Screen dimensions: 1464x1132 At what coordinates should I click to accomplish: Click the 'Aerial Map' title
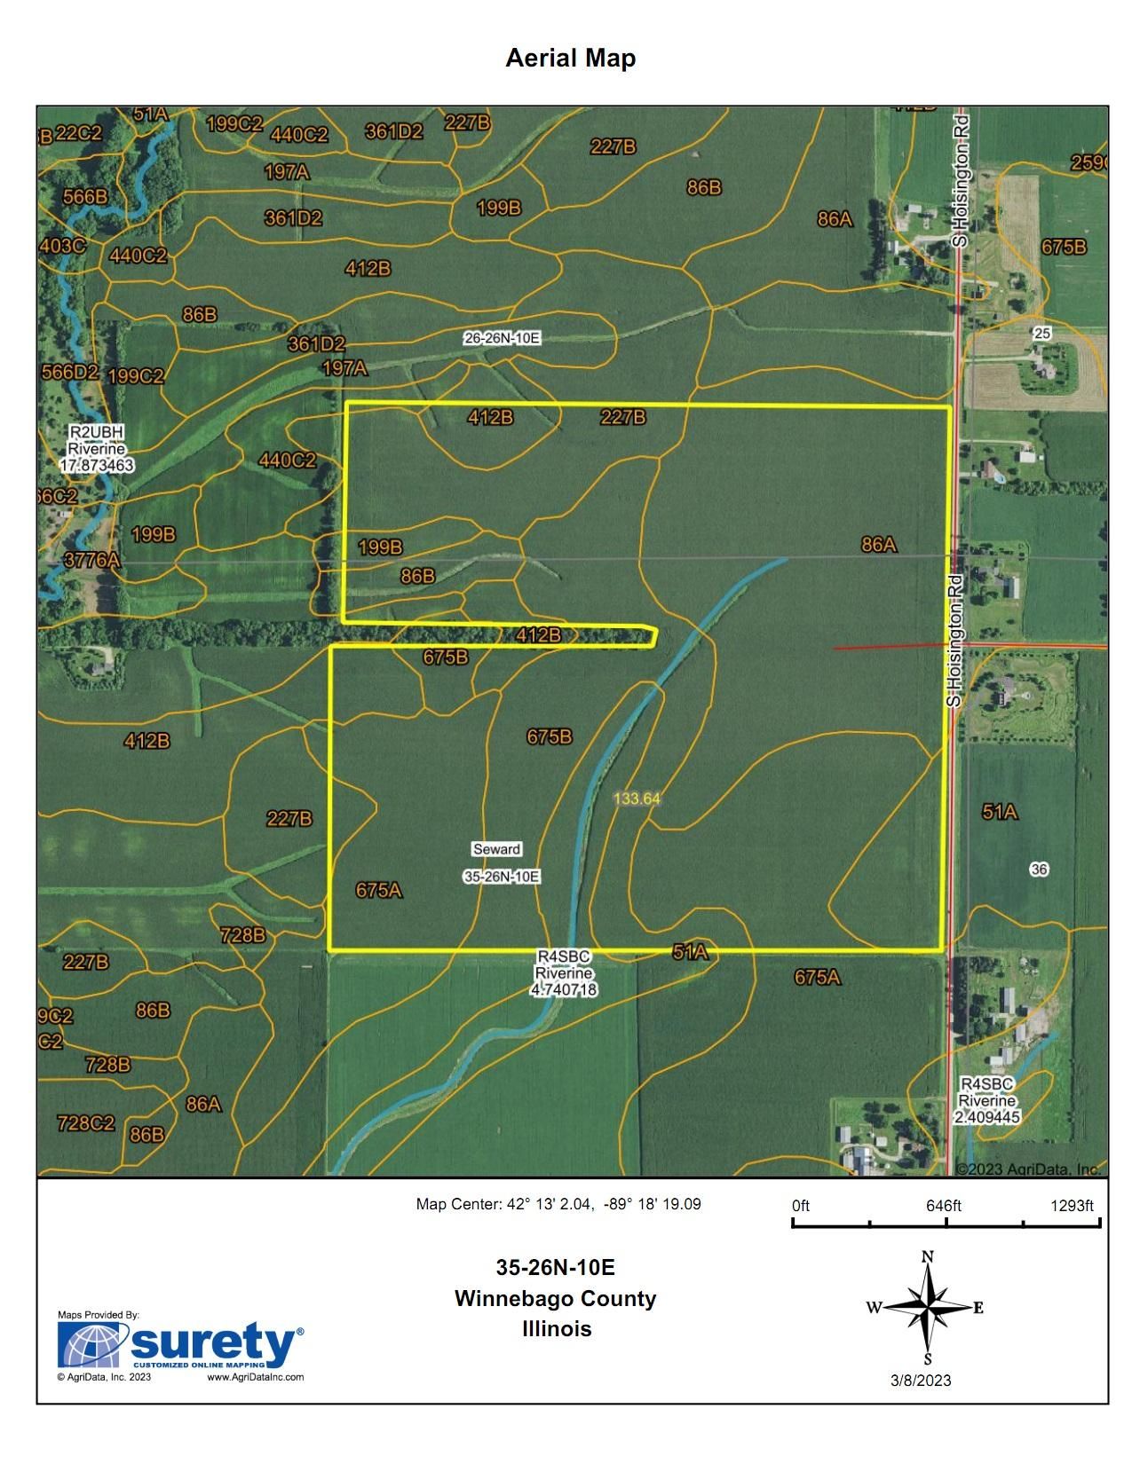570,59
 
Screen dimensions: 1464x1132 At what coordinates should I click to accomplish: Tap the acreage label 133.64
637,798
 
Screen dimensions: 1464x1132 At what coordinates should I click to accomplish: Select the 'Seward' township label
496,849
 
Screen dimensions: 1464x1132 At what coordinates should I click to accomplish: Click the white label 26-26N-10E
502,337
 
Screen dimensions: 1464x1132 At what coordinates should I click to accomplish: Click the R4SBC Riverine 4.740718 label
563,972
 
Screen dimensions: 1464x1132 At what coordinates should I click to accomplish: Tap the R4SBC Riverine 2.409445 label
987,1101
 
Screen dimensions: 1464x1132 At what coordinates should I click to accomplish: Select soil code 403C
63,246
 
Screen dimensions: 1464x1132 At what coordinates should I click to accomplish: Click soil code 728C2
85,1122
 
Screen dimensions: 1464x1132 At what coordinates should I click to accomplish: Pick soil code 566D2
70,373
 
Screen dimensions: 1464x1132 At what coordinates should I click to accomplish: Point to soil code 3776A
92,561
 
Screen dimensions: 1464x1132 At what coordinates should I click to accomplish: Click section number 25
1042,334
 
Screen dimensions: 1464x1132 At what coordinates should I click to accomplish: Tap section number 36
1039,870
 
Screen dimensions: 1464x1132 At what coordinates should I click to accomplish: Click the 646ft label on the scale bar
943,1206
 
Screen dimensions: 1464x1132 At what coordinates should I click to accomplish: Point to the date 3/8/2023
921,1380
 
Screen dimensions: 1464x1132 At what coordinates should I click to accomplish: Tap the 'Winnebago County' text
555,1298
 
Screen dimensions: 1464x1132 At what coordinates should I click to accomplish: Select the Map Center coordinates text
558,1204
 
